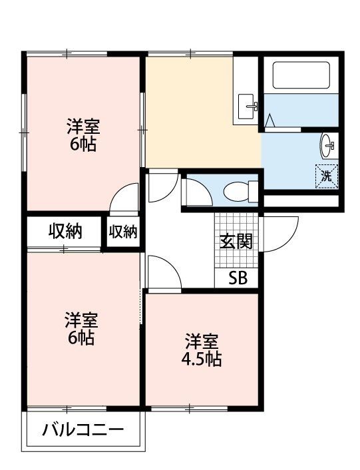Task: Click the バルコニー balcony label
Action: pyautogui.click(x=83, y=430)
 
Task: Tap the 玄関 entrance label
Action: pyautogui.click(x=236, y=242)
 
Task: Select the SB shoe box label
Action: pyautogui.click(x=238, y=278)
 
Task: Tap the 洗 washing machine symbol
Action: pyautogui.click(x=326, y=176)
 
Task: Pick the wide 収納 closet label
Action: pyautogui.click(x=65, y=232)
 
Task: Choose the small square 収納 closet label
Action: pyautogui.click(x=123, y=232)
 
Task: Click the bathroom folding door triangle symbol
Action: pyautogui.click(x=270, y=122)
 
